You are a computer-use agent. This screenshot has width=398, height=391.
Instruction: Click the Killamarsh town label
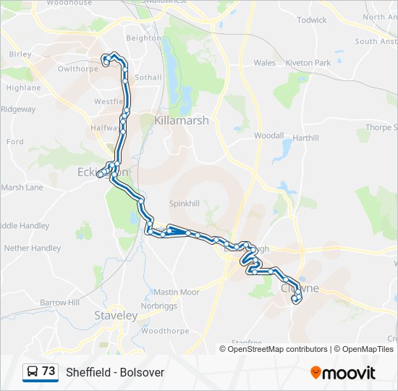tap(181, 120)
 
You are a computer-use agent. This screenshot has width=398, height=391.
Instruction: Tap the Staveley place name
tap(116, 316)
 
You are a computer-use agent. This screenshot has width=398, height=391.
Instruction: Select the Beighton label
tap(143, 38)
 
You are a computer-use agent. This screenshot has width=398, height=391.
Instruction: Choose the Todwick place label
tap(312, 20)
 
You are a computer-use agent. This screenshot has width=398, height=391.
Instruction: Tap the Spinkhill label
tap(184, 204)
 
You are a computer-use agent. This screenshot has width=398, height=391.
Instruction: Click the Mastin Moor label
tap(175, 293)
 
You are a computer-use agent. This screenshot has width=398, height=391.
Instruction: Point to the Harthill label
tap(306, 138)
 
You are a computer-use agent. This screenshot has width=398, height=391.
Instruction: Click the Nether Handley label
tap(33, 248)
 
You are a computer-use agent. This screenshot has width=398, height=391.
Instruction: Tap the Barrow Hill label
tap(60, 303)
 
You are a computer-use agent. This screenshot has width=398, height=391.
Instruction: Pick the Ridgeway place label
tap(18, 109)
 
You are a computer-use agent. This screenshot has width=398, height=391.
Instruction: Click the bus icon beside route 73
tap(33, 372)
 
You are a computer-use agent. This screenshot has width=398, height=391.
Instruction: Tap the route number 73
tap(48, 371)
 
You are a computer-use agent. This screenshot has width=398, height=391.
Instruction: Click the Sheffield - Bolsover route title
tap(115, 372)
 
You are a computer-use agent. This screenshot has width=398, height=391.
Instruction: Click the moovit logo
tap(343, 373)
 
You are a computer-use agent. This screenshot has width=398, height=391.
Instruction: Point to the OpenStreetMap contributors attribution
tap(275, 349)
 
